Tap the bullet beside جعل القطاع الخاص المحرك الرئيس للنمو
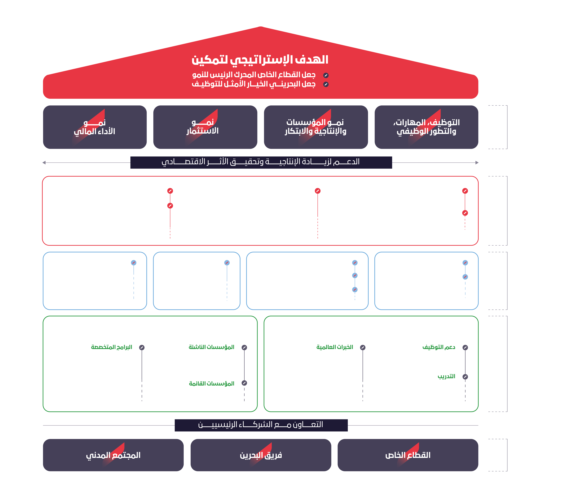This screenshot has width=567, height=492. pos(326,75)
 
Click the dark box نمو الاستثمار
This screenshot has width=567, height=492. pos(205,127)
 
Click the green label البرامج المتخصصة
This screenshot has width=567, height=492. pos(112,347)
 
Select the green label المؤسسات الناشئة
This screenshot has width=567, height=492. pos(211,347)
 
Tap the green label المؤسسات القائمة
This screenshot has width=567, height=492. pos(211,383)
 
